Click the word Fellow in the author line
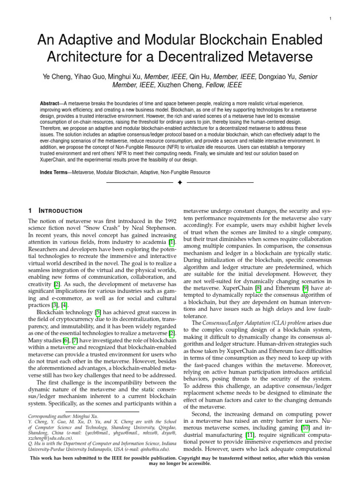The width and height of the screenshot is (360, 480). click(x=235, y=85)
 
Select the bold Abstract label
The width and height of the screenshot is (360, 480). click(x=51, y=103)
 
